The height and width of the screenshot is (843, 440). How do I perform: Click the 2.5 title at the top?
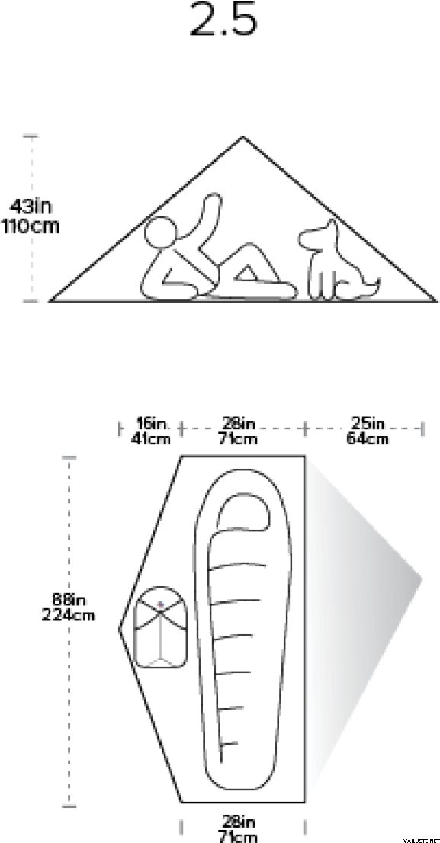coord(223,20)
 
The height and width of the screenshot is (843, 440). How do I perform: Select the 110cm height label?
coord(31,226)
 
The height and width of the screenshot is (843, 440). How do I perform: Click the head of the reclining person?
coord(161,232)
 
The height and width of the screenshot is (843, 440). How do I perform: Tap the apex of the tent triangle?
coord(242,137)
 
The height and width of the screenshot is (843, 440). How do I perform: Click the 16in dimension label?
coord(151,423)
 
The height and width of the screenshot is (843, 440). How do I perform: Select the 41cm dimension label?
coord(151,438)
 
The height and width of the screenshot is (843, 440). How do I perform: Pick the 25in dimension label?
coord(368,423)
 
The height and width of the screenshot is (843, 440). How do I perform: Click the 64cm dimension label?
coord(368,438)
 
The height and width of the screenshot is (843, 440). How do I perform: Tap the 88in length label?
coord(69,599)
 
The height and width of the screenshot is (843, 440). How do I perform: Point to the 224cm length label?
coord(69,614)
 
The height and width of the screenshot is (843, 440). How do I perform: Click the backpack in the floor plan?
coord(159,627)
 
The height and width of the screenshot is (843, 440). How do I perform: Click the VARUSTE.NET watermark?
coord(421,840)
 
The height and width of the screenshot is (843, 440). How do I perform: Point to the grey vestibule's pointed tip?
coord(421,579)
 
